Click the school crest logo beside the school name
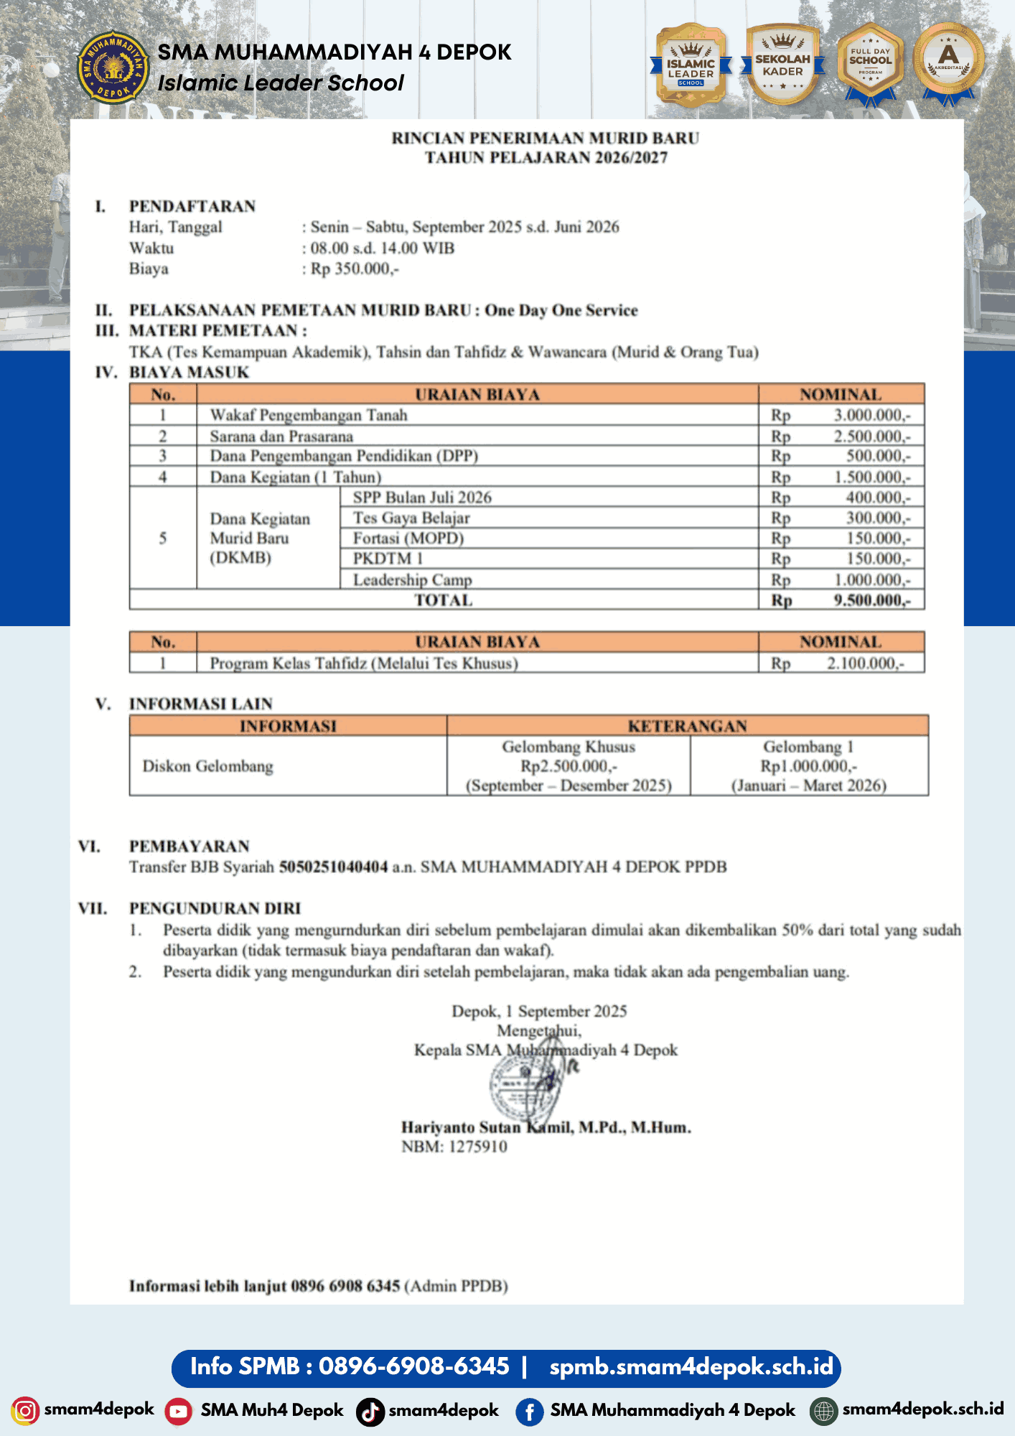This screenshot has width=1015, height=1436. click(x=113, y=67)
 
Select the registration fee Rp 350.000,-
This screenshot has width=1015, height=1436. click(x=355, y=269)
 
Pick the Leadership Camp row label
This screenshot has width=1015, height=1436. click(x=412, y=580)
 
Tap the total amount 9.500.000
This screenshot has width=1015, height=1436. click(x=871, y=601)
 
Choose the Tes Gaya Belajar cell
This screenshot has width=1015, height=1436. click(x=411, y=518)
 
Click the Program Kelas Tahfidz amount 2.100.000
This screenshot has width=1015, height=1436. click(x=864, y=663)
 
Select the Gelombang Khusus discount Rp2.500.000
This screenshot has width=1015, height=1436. click(x=569, y=767)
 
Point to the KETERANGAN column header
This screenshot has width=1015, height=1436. click(x=687, y=726)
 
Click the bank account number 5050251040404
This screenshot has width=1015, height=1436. click(x=333, y=867)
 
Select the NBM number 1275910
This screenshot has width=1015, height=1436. click(x=477, y=1147)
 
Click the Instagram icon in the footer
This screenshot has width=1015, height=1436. click(x=25, y=1411)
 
